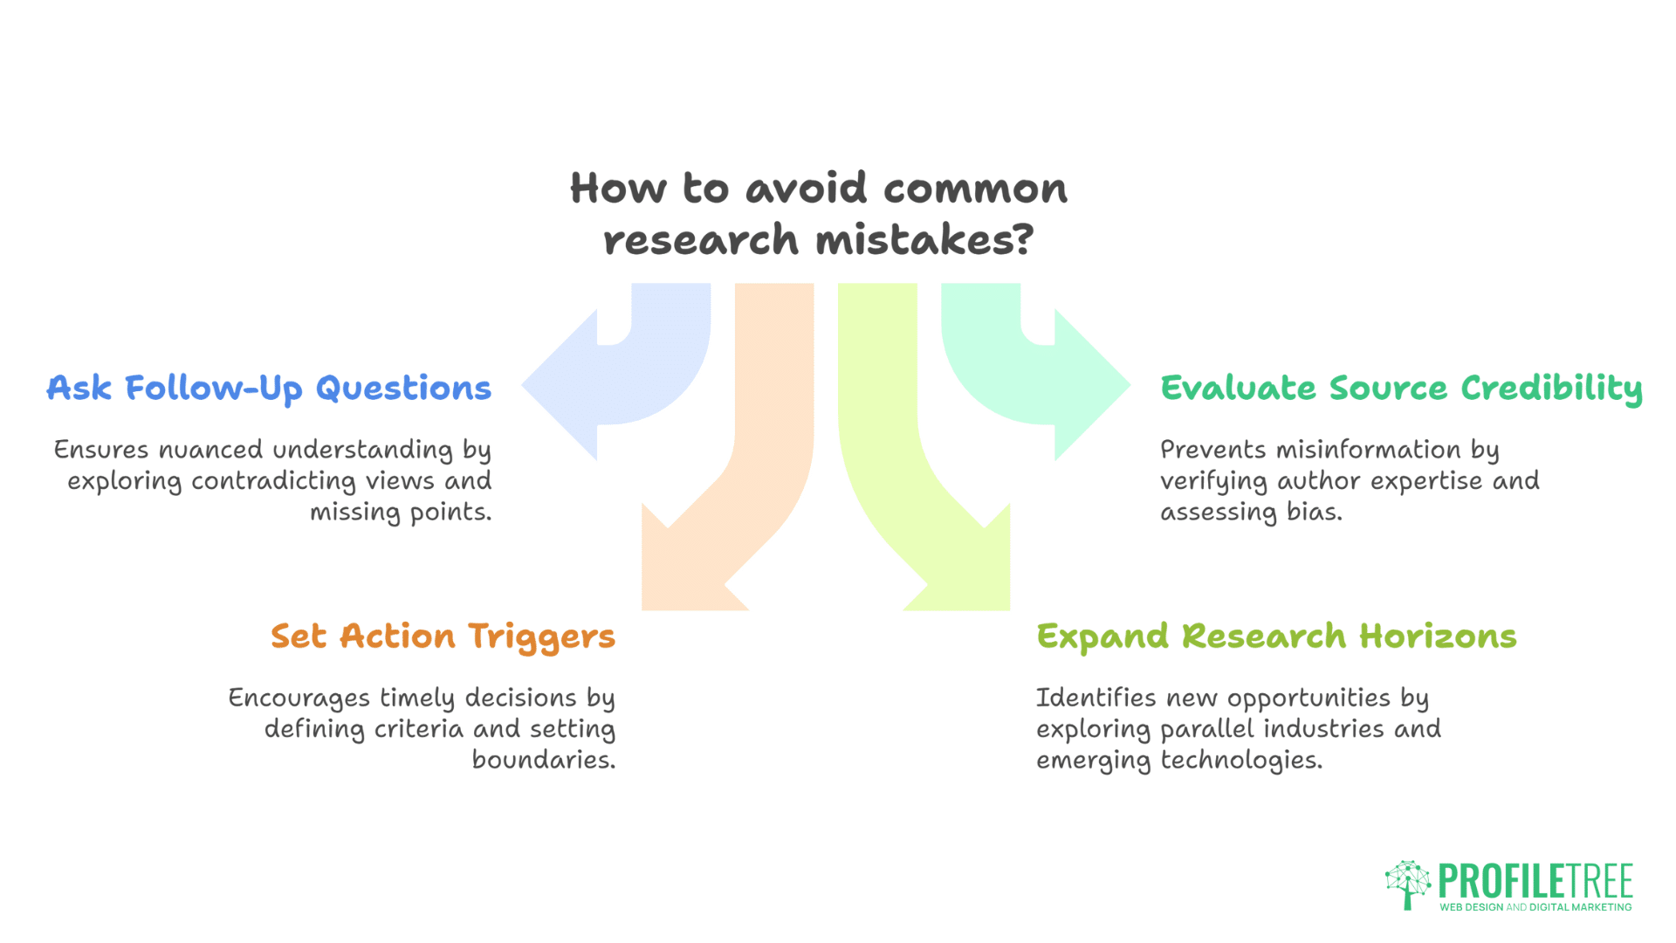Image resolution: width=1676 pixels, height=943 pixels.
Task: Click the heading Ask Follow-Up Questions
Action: pyautogui.click(x=269, y=389)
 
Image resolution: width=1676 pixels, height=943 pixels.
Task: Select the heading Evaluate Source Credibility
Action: pyautogui.click(x=1401, y=389)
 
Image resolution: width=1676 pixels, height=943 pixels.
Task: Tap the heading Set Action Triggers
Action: pyautogui.click(x=443, y=637)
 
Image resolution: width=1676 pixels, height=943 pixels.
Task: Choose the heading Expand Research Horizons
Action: pyautogui.click(x=1276, y=637)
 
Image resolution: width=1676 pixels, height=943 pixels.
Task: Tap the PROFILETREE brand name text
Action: pyautogui.click(x=1535, y=881)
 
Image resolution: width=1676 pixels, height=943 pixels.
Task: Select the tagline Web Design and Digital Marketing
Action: pyautogui.click(x=1535, y=907)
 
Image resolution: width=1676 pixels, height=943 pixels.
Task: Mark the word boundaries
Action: pyautogui.click(x=543, y=760)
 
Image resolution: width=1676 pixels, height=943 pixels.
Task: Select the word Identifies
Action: pyautogui.click(x=1096, y=698)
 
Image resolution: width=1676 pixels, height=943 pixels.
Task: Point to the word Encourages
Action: pyautogui.click(x=299, y=699)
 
